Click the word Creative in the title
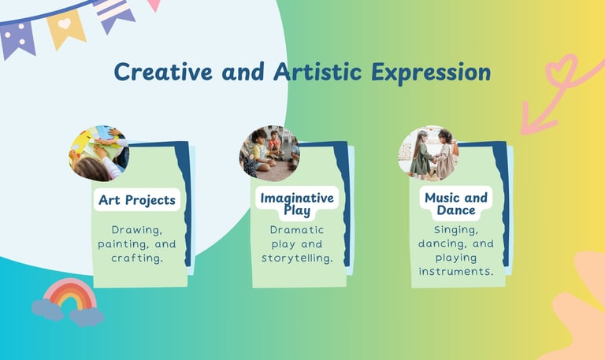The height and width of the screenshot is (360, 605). pyautogui.click(x=163, y=72)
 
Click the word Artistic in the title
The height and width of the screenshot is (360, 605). pyautogui.click(x=317, y=72)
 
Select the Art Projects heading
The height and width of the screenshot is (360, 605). pyautogui.click(x=137, y=200)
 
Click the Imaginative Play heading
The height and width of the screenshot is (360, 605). pyautogui.click(x=297, y=204)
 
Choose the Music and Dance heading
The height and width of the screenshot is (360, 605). pyautogui.click(x=456, y=204)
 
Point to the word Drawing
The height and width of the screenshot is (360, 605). pyautogui.click(x=137, y=230)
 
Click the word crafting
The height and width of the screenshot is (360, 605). pyautogui.click(x=137, y=258)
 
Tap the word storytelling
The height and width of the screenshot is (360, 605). pyautogui.click(x=297, y=258)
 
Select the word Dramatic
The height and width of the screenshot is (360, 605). pyautogui.click(x=297, y=229)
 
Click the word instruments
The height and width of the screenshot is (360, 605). pyautogui.click(x=456, y=271)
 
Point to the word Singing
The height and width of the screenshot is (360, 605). pyautogui.click(x=456, y=230)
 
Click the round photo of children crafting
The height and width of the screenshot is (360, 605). pyautogui.click(x=99, y=153)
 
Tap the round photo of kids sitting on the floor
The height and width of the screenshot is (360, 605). pyautogui.click(x=269, y=153)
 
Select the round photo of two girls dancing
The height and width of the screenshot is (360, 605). pyautogui.click(x=429, y=153)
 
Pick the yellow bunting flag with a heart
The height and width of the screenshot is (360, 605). pyautogui.click(x=66, y=29)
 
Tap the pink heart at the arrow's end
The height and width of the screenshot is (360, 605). pyautogui.click(x=562, y=69)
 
